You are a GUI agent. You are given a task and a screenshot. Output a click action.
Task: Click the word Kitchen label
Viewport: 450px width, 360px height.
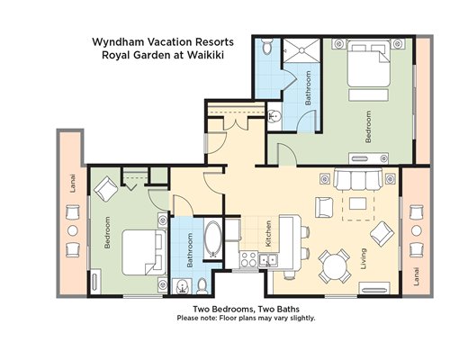(268, 234)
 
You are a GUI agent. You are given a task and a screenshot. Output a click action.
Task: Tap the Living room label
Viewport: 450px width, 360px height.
(364, 258)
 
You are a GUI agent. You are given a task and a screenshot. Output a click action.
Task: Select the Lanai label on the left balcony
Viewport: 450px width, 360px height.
(73, 183)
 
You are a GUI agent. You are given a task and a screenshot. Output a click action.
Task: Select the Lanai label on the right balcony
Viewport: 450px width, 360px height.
(416, 276)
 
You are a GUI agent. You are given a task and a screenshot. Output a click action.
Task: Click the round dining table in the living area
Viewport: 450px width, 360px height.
(335, 266)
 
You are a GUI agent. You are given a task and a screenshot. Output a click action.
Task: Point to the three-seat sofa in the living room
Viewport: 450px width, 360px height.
(358, 180)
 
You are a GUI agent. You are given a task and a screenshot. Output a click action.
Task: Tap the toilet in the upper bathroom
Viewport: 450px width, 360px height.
(266, 46)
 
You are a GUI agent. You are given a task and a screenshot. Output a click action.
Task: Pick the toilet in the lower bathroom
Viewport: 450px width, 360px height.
(202, 286)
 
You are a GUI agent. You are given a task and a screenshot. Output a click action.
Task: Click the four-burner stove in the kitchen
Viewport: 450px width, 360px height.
(248, 259)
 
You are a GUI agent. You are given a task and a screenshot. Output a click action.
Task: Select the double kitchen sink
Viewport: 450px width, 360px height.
(268, 260)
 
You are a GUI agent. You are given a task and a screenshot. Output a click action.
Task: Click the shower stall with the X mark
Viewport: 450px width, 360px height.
(301, 50)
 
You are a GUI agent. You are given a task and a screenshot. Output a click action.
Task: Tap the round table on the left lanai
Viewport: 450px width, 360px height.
(73, 230)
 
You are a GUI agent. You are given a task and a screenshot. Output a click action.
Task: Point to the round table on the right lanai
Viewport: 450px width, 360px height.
(417, 230)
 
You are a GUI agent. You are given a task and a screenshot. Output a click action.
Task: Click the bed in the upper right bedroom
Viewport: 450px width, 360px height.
(369, 64)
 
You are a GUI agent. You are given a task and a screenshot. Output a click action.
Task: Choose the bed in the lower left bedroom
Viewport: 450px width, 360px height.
(144, 253)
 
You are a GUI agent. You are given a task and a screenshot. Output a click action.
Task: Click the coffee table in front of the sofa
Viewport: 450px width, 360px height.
(357, 204)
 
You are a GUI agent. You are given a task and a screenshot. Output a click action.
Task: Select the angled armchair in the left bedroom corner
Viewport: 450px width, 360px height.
(105, 189)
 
